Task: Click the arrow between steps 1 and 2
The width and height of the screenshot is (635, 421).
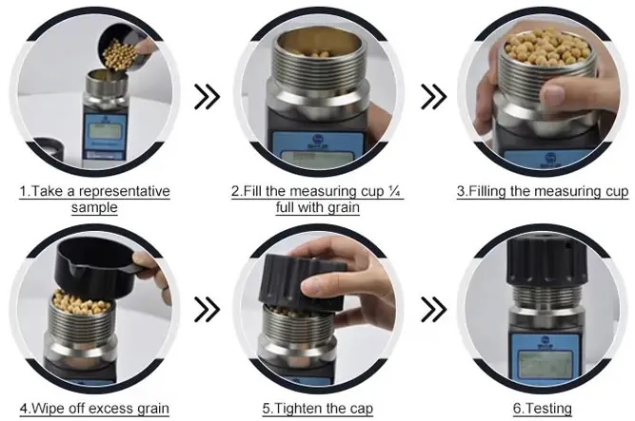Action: click(x=207, y=97)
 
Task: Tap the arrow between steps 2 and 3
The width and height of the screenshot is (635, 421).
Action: click(x=434, y=97)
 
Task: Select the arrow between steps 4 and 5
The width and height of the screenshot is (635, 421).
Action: click(x=207, y=310)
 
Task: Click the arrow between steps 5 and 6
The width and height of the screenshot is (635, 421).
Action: click(x=434, y=310)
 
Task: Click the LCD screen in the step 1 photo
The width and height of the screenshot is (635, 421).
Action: click(x=106, y=130)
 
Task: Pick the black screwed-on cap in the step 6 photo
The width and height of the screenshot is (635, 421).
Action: click(x=546, y=260)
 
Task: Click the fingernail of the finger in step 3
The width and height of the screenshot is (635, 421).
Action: click(x=553, y=95)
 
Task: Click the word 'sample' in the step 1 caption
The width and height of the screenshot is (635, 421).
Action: click(x=94, y=207)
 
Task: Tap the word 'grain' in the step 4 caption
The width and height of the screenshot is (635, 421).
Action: click(x=153, y=409)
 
